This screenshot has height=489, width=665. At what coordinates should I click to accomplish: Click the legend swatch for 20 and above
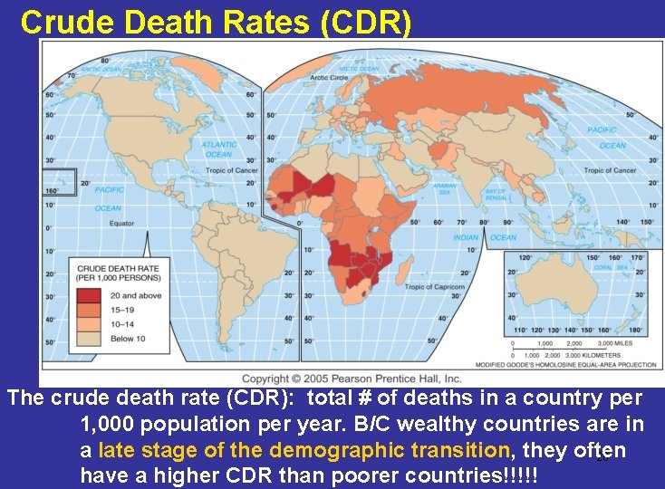point(88,295)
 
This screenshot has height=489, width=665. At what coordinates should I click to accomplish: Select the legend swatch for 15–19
point(88,309)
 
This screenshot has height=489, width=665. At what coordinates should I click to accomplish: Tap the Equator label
point(121,223)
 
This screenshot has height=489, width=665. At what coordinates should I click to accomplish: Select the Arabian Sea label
point(445,188)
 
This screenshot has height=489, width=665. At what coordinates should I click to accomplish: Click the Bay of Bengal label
point(496,194)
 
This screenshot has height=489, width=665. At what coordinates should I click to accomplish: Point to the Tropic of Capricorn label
point(435,287)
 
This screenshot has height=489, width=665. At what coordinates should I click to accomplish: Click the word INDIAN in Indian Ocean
point(466,238)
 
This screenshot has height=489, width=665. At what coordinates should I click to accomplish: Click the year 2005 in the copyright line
point(320,379)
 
